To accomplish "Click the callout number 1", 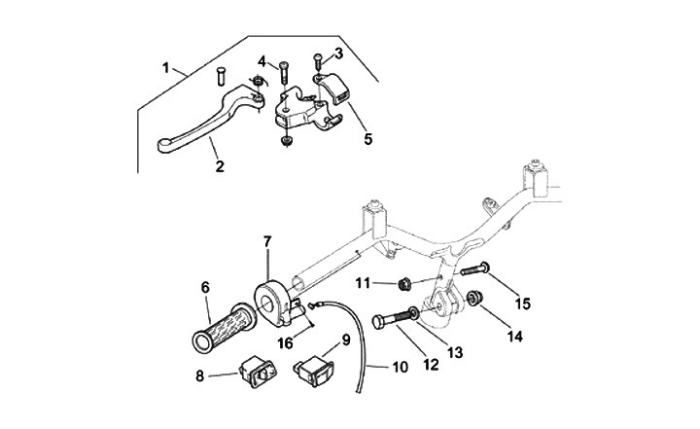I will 166,68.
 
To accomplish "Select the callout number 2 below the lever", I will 220,166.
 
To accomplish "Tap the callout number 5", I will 368,139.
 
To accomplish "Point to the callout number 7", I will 268,240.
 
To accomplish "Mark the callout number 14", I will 513,337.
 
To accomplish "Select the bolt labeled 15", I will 472,271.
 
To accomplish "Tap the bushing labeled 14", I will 475,298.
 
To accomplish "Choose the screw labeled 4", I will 283,73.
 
